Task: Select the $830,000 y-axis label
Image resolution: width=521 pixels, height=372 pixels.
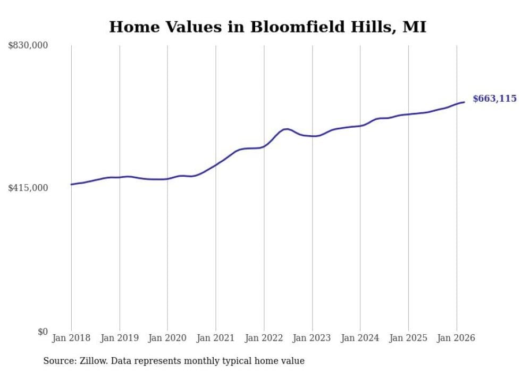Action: pos(28,46)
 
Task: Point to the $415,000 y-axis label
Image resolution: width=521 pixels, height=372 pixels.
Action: pos(28,188)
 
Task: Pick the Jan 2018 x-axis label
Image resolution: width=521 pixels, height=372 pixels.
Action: pos(71,338)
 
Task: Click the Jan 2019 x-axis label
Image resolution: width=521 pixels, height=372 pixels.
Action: pos(120,338)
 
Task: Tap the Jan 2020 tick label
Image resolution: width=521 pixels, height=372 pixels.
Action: pos(167,338)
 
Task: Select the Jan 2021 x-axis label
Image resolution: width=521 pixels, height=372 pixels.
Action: pos(216,338)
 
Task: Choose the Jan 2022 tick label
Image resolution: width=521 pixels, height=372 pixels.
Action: pos(264,338)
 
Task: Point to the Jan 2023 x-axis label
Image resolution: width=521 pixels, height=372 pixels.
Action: pos(312,338)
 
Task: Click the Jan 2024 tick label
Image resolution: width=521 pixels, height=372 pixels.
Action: pos(360,338)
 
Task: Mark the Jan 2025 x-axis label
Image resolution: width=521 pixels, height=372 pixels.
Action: pos(408,338)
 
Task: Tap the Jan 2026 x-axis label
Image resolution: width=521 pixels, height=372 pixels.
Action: pos(456,338)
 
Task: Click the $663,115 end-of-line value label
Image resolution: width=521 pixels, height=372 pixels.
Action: pos(494,98)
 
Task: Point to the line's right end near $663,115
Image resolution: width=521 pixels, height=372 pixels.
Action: pos(464,102)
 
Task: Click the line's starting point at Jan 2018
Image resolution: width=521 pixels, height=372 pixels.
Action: pos(71,184)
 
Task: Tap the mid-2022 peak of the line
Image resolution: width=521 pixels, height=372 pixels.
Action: pos(286,129)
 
